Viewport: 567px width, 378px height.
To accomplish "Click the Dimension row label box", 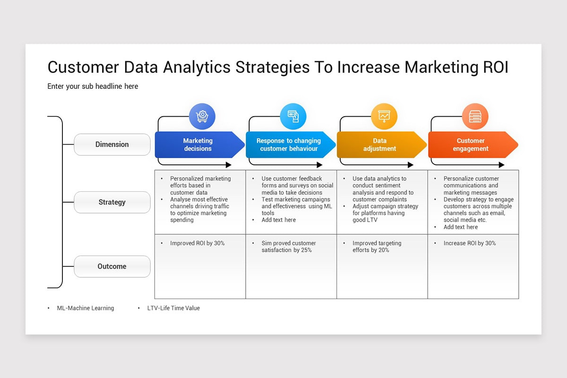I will coord(112,145).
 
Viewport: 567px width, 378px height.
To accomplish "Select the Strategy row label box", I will coord(112,202).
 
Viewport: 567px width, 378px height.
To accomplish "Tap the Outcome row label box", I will coord(112,266).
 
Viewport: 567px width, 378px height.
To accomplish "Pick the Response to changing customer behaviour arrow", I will coord(289,145).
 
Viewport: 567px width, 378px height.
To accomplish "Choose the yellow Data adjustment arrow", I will coord(380,145).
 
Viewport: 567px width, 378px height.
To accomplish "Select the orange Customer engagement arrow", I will coord(471,145).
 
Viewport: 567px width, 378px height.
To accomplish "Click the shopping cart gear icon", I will coord(202,116).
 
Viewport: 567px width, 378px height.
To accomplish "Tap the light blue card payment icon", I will coord(293,116).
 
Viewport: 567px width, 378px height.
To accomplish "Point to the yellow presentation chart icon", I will coord(384,116).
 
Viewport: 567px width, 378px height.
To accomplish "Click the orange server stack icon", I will coord(475,116).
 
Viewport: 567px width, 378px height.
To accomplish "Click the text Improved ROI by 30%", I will coord(198,243).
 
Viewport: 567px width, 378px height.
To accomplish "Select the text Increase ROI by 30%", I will coord(469,243).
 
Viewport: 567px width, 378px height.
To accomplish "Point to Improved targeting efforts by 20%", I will coord(377,247).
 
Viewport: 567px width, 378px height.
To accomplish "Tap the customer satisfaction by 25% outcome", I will coord(289,247).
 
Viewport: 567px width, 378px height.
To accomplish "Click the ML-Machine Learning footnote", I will coord(85,308).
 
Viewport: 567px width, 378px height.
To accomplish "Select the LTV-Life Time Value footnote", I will coord(173,308).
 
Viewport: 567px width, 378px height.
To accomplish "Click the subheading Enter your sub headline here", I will coord(93,86).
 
